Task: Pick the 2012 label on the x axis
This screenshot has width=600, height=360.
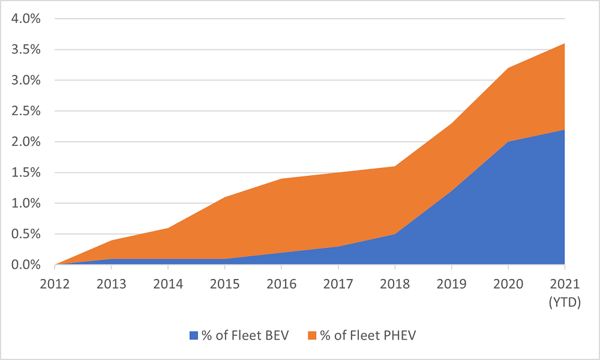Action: click(x=55, y=283)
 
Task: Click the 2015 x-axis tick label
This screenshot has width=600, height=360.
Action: click(x=224, y=283)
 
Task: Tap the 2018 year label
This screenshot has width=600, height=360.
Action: click(x=395, y=283)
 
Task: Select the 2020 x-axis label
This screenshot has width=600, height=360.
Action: click(x=508, y=283)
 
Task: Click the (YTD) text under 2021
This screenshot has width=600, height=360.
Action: click(x=565, y=303)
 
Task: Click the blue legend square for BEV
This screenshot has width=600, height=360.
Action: click(x=193, y=335)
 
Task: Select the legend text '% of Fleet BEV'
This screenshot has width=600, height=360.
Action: click(x=245, y=335)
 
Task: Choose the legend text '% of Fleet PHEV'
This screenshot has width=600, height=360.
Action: click(x=367, y=335)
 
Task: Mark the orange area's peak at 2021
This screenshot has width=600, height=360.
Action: click(x=565, y=44)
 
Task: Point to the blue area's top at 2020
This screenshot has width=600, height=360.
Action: click(x=508, y=142)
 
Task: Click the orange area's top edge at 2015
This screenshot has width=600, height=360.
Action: click(x=224, y=197)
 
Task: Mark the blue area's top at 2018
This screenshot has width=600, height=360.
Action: click(x=395, y=234)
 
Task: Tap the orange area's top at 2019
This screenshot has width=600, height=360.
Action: click(x=451, y=124)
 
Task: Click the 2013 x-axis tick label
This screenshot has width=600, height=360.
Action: click(x=112, y=283)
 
